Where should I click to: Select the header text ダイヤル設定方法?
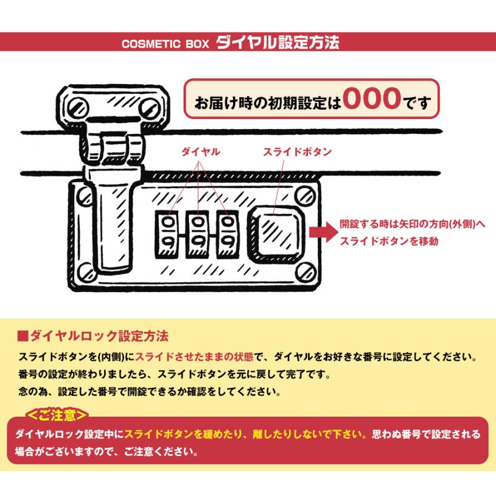(x=277, y=42)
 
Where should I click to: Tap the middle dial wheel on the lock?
(x=200, y=233)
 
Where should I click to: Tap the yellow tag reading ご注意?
(x=57, y=414)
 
